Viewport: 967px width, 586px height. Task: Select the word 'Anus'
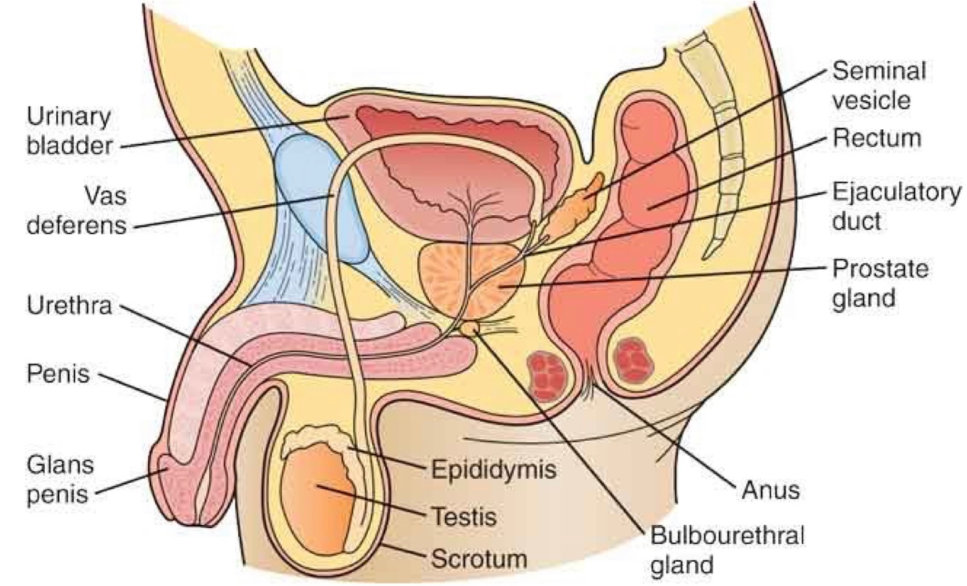(x=770, y=490)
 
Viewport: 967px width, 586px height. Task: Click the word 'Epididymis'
(x=494, y=471)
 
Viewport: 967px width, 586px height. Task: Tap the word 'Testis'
(x=464, y=516)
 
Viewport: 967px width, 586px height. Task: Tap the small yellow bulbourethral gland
(x=470, y=330)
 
